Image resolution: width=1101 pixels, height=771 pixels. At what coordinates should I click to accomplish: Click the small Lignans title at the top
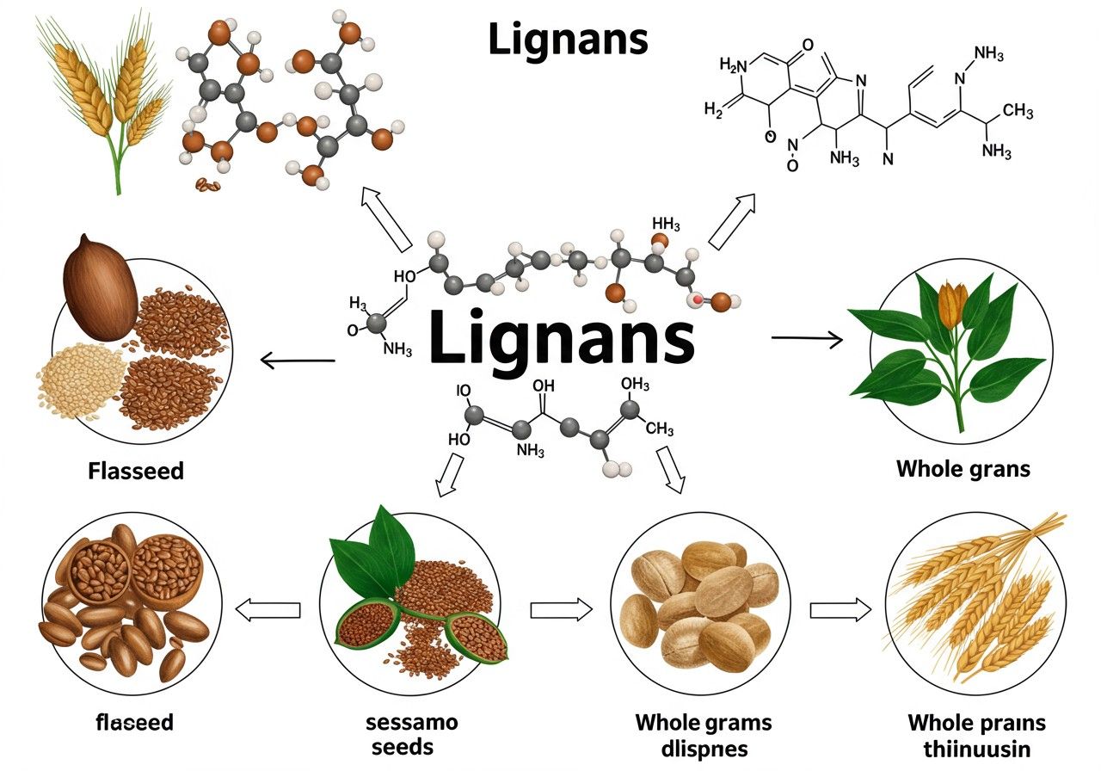click(568, 38)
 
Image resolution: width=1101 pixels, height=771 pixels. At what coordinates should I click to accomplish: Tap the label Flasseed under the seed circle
click(135, 471)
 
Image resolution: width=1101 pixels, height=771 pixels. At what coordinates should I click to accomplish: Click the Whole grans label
click(963, 469)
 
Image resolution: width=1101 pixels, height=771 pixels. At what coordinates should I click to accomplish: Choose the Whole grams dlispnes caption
click(703, 734)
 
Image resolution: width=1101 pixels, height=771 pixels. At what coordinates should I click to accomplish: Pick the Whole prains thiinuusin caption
click(976, 734)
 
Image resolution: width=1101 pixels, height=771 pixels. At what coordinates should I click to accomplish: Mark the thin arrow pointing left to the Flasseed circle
click(297, 361)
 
